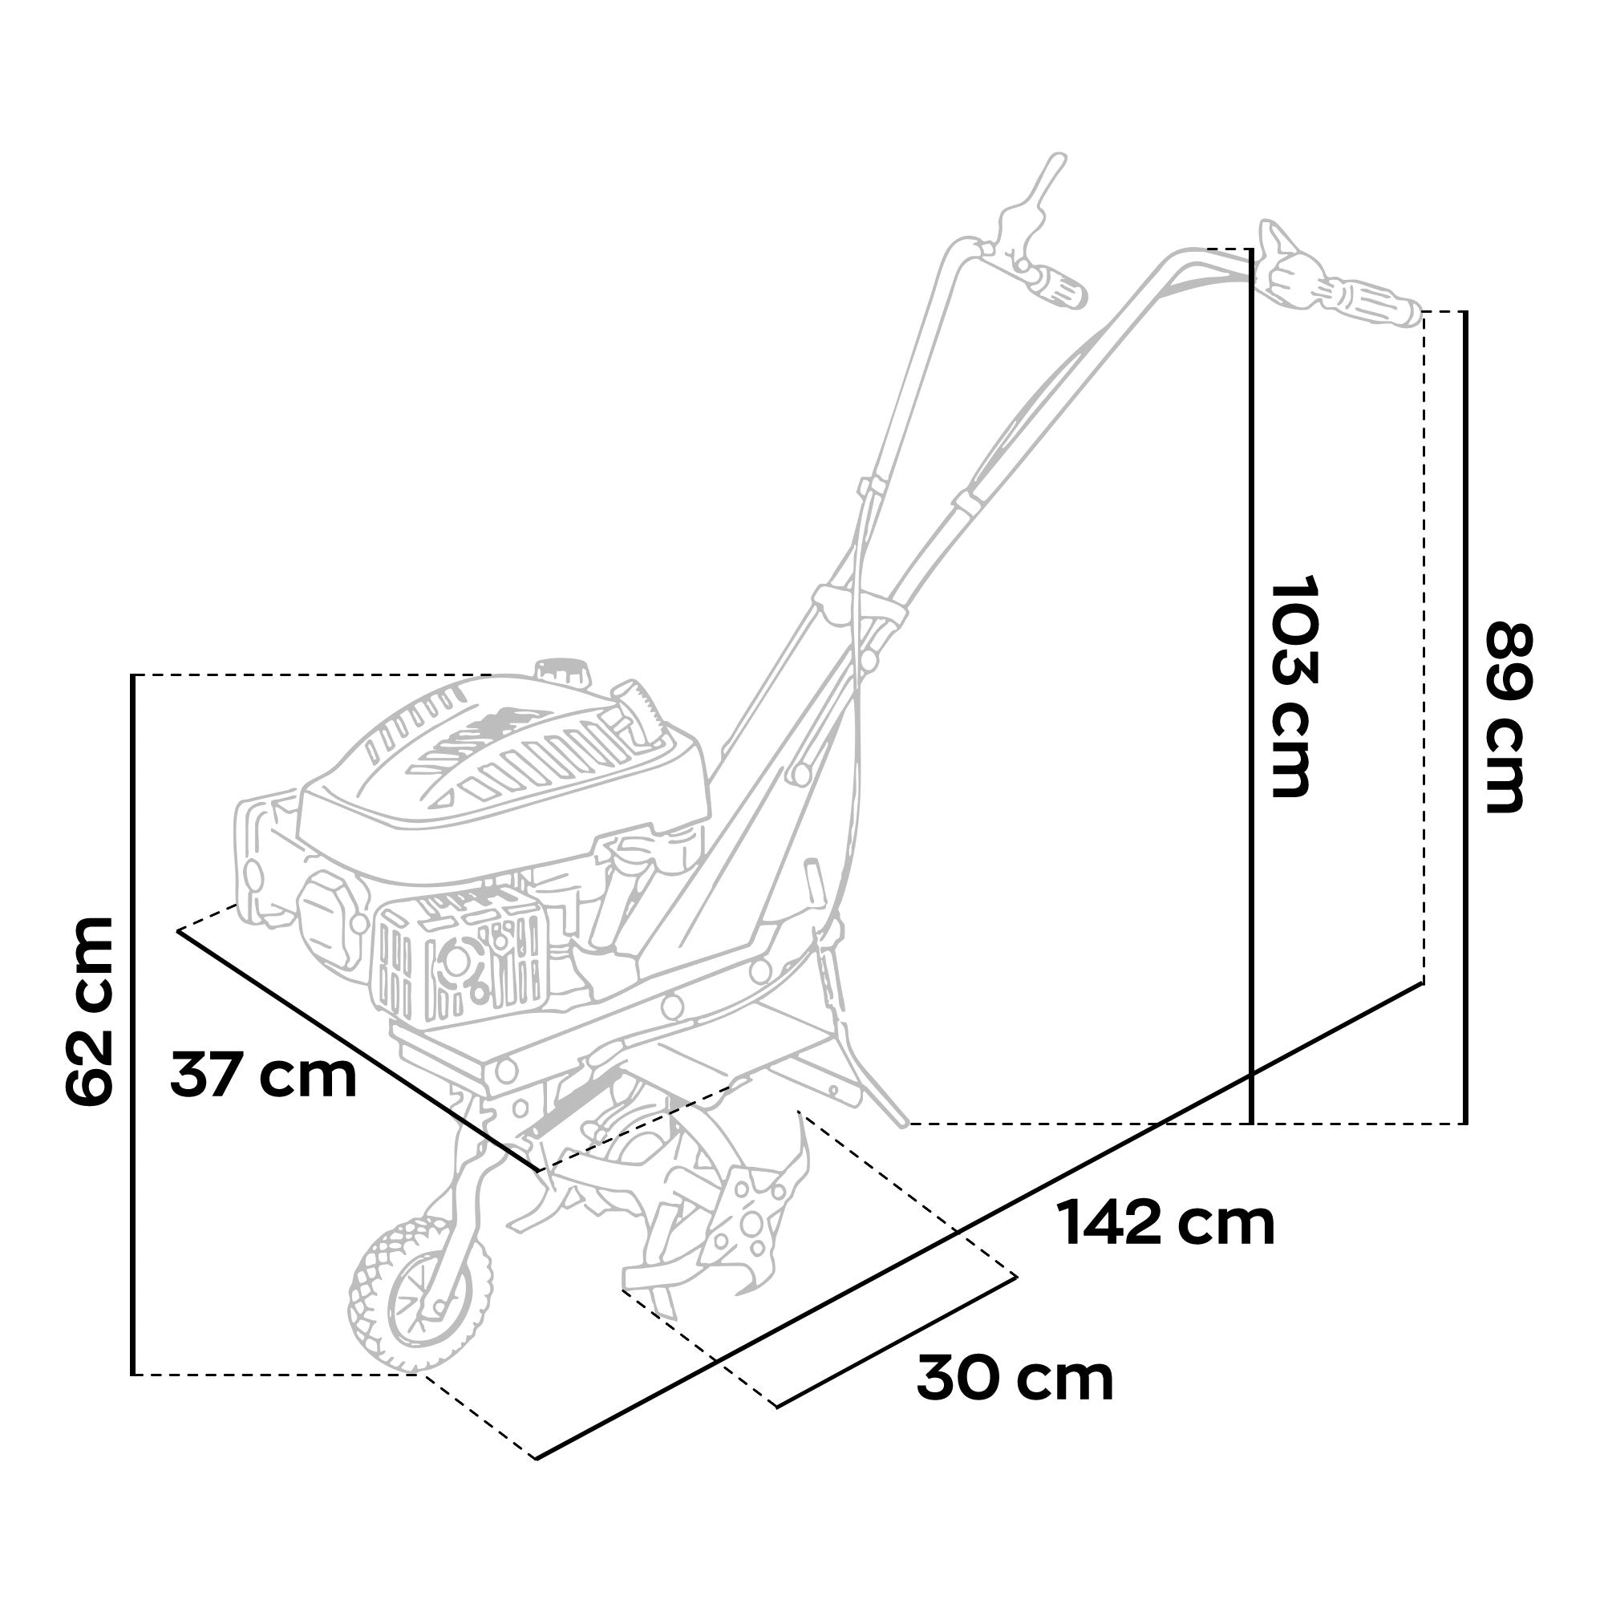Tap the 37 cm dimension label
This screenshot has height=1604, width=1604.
tap(264, 1076)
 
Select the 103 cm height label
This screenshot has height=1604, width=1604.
tap(1293, 686)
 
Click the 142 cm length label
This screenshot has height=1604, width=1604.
tap(1165, 1224)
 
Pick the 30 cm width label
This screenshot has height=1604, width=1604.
tap(1015, 1379)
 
